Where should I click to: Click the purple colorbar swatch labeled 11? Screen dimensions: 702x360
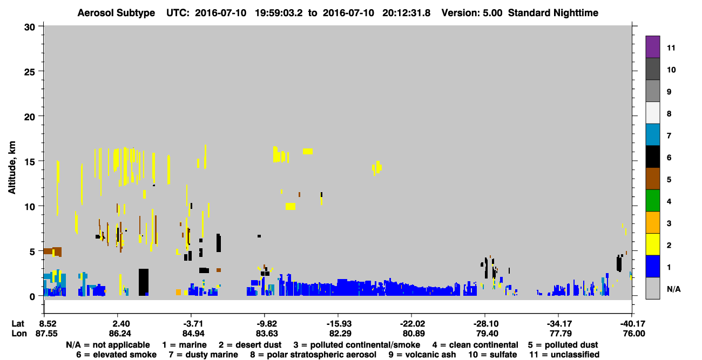point(652,46)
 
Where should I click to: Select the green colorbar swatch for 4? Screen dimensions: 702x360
point(652,201)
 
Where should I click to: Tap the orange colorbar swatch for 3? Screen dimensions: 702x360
point(652,222)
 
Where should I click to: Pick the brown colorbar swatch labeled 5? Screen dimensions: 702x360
point(652,179)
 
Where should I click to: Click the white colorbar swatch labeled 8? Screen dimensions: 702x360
point(652,113)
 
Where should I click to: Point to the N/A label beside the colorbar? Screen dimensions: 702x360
point(673,289)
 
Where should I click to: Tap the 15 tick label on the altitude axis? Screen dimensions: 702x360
point(30,162)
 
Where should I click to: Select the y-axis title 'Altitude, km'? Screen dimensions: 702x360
point(11,168)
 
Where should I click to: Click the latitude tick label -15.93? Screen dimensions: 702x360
point(339,323)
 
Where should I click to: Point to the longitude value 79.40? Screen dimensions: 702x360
point(487,334)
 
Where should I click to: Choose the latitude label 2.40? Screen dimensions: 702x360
point(120,323)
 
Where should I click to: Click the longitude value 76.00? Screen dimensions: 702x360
point(634,334)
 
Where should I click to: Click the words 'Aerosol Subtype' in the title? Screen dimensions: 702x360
point(116,13)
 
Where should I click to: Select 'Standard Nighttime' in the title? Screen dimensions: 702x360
point(553,13)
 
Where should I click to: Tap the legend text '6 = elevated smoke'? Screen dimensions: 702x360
point(116,355)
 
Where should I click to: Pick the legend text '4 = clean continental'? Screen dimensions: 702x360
point(475,345)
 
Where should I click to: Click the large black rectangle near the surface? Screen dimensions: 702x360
point(144,282)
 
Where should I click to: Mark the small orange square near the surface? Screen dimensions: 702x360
point(178,293)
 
